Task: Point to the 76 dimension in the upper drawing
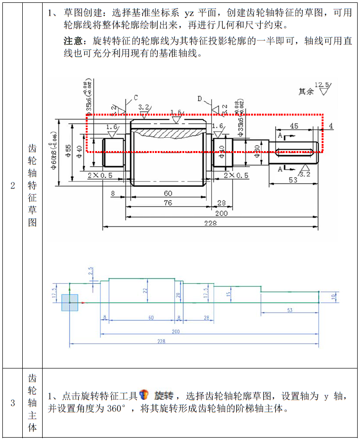(168, 203)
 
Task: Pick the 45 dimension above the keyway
(294, 126)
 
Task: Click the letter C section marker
(135, 98)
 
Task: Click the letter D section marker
(200, 99)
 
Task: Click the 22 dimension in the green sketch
(146, 291)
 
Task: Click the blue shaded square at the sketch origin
(70, 302)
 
